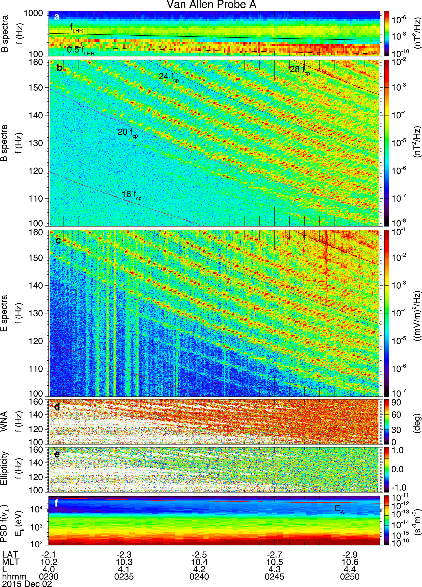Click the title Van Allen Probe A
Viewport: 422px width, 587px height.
211,5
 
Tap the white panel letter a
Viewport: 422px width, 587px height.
57,17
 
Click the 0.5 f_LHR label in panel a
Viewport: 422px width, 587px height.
80,50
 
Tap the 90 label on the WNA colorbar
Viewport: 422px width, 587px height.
396,403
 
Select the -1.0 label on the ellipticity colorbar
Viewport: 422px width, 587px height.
399,488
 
